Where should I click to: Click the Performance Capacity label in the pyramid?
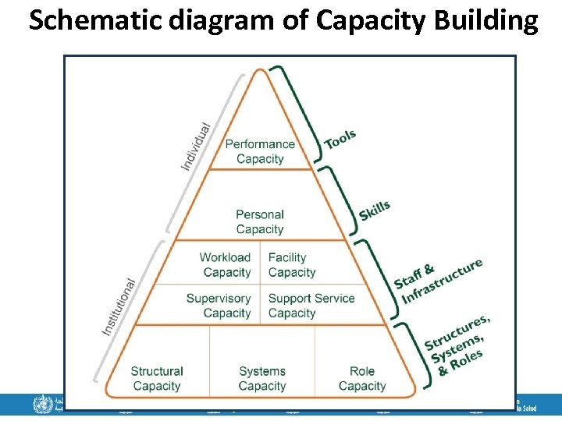point(260,151)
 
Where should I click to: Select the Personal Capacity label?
point(260,221)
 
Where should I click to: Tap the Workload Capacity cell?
point(226,265)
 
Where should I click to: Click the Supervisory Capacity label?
point(219,306)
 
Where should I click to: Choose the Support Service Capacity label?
point(311,306)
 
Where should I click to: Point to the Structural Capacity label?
point(157,378)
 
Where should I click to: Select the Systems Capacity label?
point(261,378)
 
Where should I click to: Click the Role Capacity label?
point(361,378)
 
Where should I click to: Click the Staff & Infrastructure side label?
point(437,281)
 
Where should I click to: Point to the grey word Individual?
point(197,146)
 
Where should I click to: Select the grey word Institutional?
point(119,307)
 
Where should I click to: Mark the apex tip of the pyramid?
point(261,70)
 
